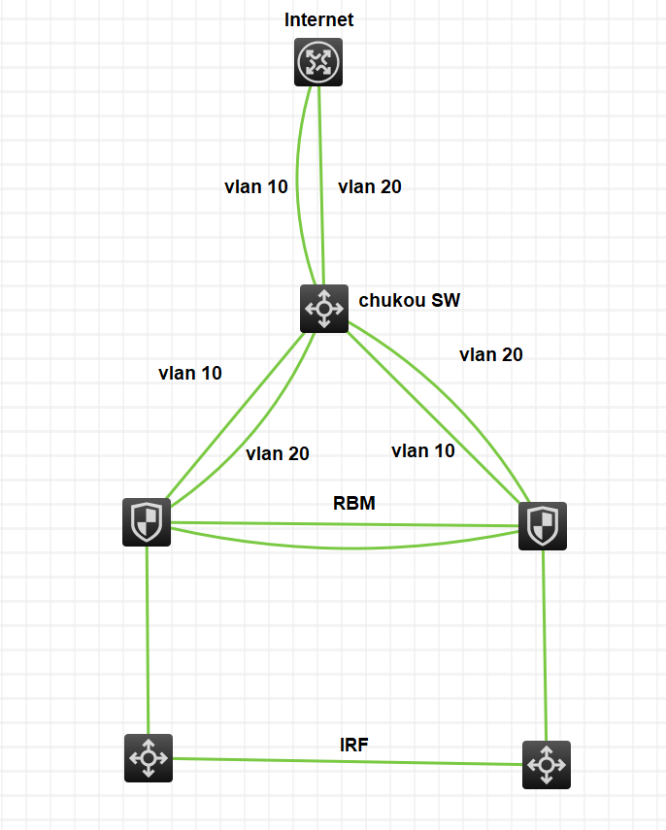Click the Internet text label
point(318,19)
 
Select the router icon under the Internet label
point(318,63)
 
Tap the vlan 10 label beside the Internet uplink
point(256,186)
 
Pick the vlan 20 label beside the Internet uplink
point(370,186)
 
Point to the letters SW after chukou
point(447,300)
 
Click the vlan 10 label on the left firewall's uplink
point(190,373)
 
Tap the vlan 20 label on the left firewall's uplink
point(278,452)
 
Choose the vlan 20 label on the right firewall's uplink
point(491,354)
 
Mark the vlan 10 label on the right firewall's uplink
point(423,450)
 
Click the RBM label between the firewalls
point(354,503)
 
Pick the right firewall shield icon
point(542,526)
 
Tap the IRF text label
point(354,745)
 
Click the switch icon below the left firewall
point(149,757)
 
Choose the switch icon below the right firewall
point(546,765)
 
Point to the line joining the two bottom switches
point(350,761)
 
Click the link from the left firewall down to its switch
point(147,641)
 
